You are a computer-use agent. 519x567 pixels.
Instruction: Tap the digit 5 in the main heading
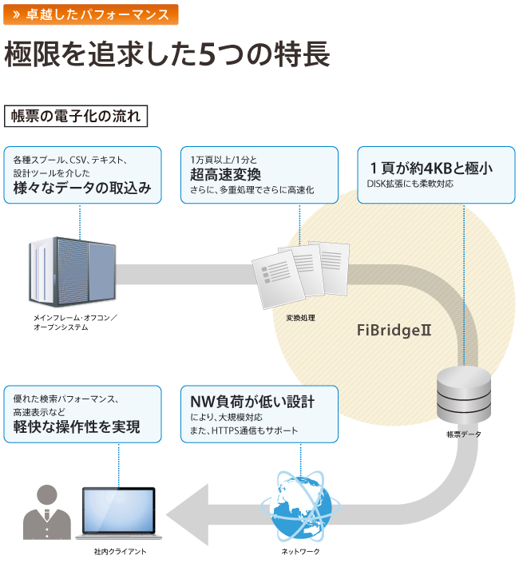pyautogui.click(x=206, y=55)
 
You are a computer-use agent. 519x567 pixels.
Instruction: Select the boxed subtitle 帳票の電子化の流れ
pyautogui.click(x=76, y=116)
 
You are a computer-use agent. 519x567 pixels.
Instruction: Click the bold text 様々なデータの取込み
pyautogui.click(x=82, y=188)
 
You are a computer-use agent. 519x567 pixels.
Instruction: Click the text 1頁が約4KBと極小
pyautogui.click(x=430, y=169)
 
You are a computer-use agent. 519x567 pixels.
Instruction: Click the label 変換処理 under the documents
pyautogui.click(x=300, y=318)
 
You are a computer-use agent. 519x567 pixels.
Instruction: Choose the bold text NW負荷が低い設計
pyautogui.click(x=252, y=401)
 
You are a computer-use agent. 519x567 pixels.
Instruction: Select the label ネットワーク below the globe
pyautogui.click(x=300, y=552)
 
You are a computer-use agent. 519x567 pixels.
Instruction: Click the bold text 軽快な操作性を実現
pyautogui.click(x=77, y=427)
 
